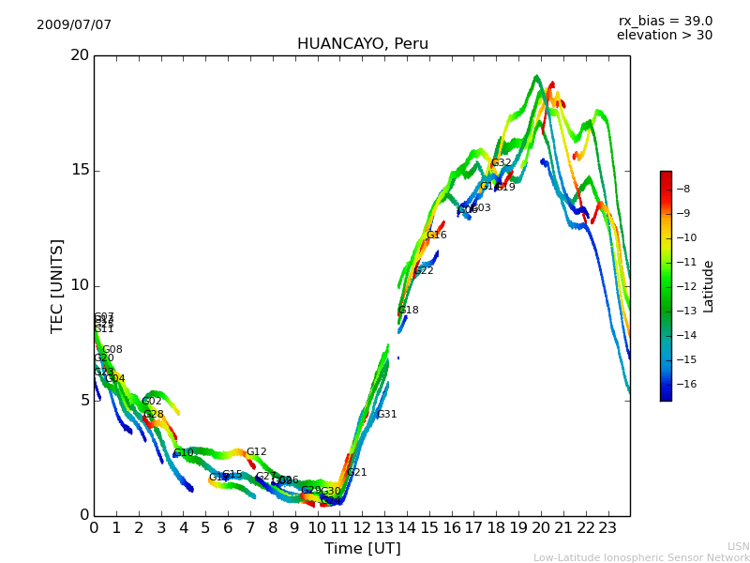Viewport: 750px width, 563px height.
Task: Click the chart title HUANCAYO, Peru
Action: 362,44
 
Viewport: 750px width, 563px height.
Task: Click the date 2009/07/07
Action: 74,25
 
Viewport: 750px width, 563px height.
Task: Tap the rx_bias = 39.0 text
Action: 665,22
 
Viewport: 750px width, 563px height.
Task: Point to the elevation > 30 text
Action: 664,36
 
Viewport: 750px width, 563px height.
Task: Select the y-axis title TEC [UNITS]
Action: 58,285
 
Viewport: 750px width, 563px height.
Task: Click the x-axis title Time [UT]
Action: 362,549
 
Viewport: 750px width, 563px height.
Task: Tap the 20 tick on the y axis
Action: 80,55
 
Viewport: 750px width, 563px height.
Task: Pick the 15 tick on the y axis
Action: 80,170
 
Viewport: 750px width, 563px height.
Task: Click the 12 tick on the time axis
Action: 362,527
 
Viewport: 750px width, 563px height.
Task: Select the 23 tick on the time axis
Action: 607,527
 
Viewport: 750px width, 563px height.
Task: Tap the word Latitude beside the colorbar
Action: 709,286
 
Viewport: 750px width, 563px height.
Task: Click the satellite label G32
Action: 502,163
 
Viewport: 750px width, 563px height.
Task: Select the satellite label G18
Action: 409,311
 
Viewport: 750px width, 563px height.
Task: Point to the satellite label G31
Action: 387,415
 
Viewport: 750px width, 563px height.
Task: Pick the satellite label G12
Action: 257,452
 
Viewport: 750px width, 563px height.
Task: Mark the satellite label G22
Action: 424,271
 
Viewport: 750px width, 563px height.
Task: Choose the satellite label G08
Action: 112,350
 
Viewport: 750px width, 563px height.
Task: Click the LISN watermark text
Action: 739,546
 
